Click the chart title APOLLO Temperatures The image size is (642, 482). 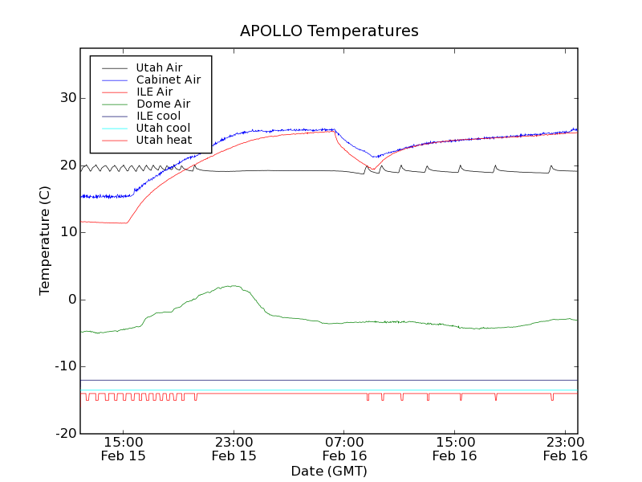click(329, 31)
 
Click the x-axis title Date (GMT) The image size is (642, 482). click(329, 471)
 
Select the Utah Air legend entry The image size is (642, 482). click(159, 67)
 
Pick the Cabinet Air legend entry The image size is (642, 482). click(168, 80)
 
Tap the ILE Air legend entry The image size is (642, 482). click(154, 92)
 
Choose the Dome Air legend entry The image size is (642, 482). click(163, 104)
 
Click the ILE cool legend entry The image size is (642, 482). click(158, 116)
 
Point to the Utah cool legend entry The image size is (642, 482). click(163, 128)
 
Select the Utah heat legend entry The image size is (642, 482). click(164, 140)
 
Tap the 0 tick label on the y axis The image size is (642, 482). click(71, 300)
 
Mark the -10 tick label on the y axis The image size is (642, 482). click(65, 366)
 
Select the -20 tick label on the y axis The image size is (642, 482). click(65, 434)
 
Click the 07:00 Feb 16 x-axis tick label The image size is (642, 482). click(344, 448)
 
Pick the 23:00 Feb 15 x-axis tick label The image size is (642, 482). click(234, 448)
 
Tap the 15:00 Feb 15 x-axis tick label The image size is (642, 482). click(124, 448)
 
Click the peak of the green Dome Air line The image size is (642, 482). click(233, 285)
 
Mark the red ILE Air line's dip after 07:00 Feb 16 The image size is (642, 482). click(372, 170)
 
